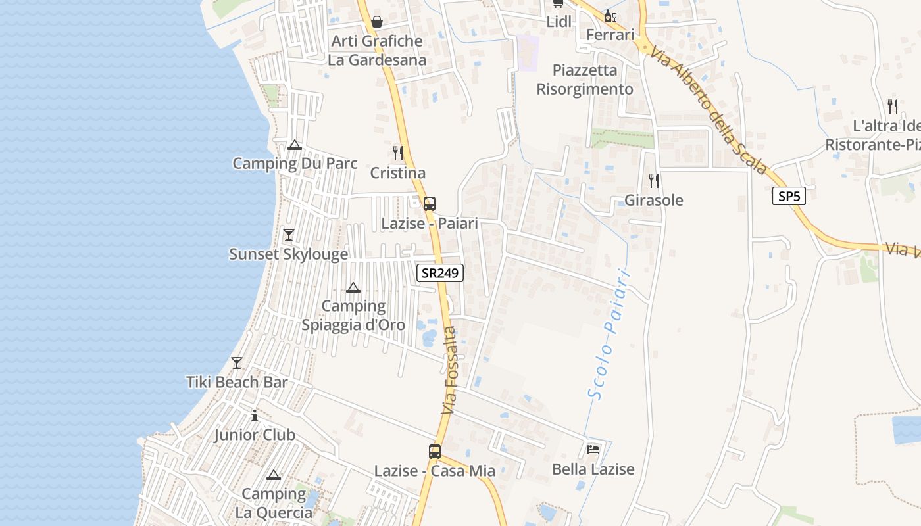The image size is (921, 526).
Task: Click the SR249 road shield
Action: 440,273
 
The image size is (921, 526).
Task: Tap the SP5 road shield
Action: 789,196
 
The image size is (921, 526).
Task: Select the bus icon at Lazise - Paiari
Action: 430,204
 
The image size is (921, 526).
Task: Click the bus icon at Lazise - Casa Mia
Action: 435,452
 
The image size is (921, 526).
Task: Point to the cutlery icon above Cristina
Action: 398,153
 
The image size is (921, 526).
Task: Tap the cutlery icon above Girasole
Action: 653,180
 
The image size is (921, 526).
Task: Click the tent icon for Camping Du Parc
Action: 295,145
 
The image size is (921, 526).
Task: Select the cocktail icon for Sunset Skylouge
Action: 288,235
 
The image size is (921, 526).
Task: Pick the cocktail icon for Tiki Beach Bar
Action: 237,363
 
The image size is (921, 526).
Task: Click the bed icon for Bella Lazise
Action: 593,450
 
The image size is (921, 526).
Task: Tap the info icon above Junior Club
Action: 255,416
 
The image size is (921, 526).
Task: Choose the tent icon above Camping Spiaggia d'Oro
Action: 353,287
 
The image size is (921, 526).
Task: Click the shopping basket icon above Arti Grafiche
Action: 377,22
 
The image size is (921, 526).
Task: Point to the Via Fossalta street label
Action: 449,371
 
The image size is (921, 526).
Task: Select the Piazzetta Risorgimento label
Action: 585,80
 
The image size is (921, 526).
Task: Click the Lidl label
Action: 559,22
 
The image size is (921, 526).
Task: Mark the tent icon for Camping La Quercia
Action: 274,475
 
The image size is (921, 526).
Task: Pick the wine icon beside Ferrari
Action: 610,16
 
